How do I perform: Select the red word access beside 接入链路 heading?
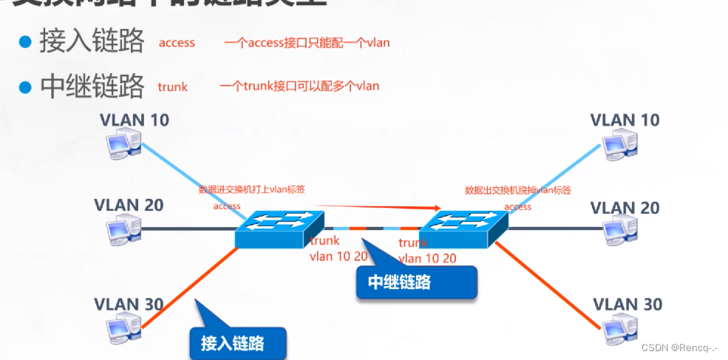click(x=177, y=43)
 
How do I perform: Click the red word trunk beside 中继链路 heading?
click(x=173, y=86)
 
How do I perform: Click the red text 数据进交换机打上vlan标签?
click(x=252, y=189)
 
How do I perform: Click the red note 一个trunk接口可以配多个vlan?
click(x=299, y=86)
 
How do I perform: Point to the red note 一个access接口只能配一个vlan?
click(x=307, y=43)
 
